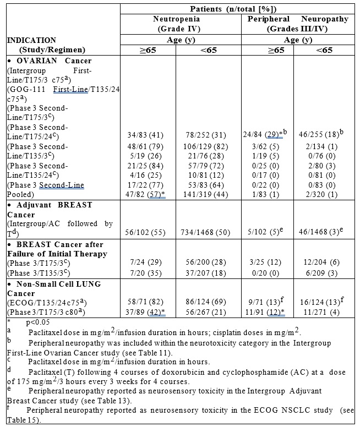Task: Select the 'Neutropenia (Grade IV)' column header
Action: click(x=177, y=23)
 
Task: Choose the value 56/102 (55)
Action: click(x=144, y=224)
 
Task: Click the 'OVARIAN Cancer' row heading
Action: click(x=52, y=61)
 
